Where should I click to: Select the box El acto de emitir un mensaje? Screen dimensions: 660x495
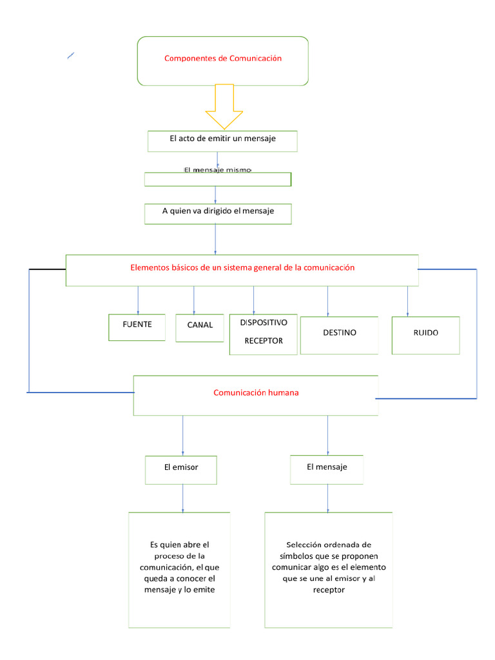tap(223, 141)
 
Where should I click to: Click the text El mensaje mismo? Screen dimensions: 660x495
tap(217, 170)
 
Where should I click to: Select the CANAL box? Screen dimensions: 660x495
tap(200, 326)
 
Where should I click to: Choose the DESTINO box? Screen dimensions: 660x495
tap(340, 334)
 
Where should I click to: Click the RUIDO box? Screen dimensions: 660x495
tap(425, 334)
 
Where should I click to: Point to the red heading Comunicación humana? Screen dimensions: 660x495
tap(256, 392)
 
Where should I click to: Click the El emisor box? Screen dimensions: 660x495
tap(181, 469)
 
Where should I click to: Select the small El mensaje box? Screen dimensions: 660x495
tap(327, 468)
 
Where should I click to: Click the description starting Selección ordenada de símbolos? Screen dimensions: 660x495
tap(328, 567)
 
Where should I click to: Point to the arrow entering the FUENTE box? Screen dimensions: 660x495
tap(138, 300)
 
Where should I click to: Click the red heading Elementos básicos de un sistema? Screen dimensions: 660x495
tap(242, 267)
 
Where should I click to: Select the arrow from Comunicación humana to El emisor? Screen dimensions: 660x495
tap(183, 435)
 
